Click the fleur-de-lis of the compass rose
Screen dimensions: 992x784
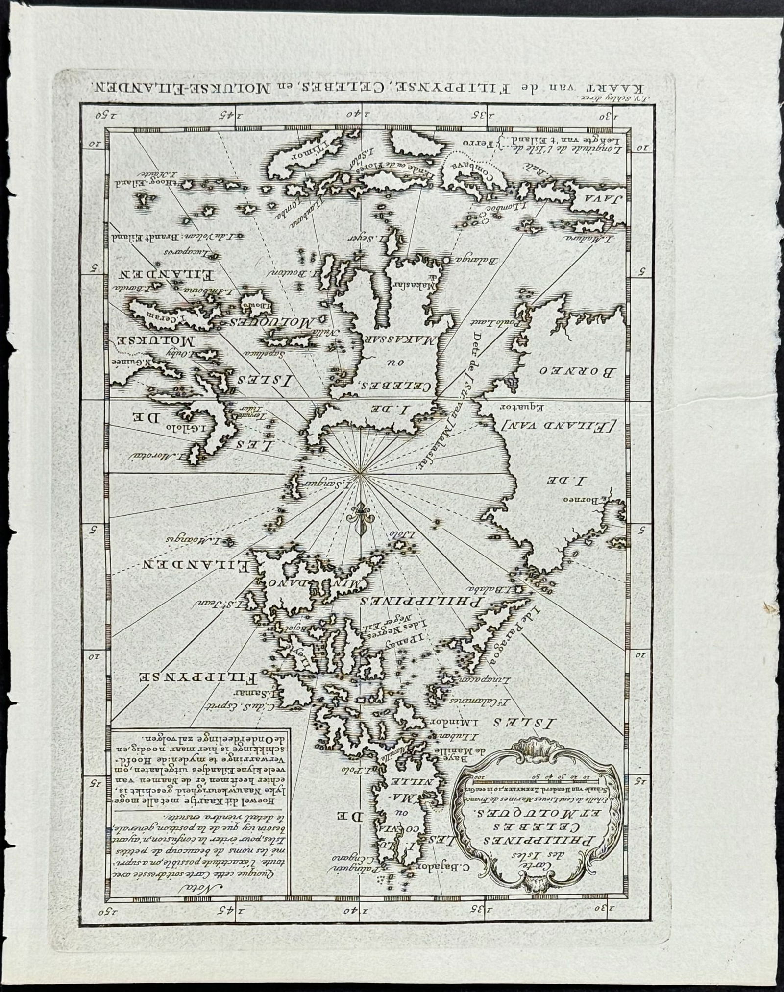point(360,519)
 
